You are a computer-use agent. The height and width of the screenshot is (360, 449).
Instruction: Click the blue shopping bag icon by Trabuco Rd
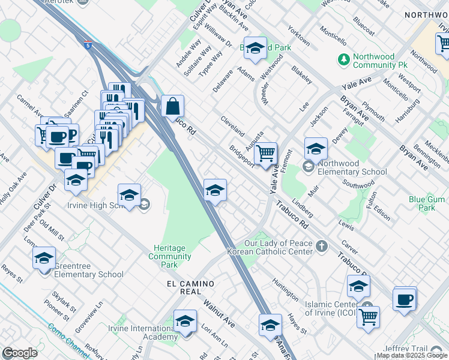pos(172,107)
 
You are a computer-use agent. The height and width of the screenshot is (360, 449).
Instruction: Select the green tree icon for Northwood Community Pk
pos(343,59)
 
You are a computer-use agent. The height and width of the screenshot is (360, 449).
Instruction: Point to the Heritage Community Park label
pos(169,256)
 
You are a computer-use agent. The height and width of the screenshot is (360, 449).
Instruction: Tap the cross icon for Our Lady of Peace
pos(322,246)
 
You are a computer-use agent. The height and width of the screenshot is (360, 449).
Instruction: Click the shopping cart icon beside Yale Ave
pos(265,153)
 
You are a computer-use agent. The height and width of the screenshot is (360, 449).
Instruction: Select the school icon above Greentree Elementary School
pos(44,259)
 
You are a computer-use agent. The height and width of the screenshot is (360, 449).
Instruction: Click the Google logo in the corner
pos(20,353)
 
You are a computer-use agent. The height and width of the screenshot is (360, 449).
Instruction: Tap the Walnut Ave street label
pos(219,313)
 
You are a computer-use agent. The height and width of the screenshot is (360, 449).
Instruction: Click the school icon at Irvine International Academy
pos(185,322)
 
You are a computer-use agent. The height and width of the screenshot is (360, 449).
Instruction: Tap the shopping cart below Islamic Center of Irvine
pos(368,316)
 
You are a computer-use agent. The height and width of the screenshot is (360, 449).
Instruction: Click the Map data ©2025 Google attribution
pos(412,356)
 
